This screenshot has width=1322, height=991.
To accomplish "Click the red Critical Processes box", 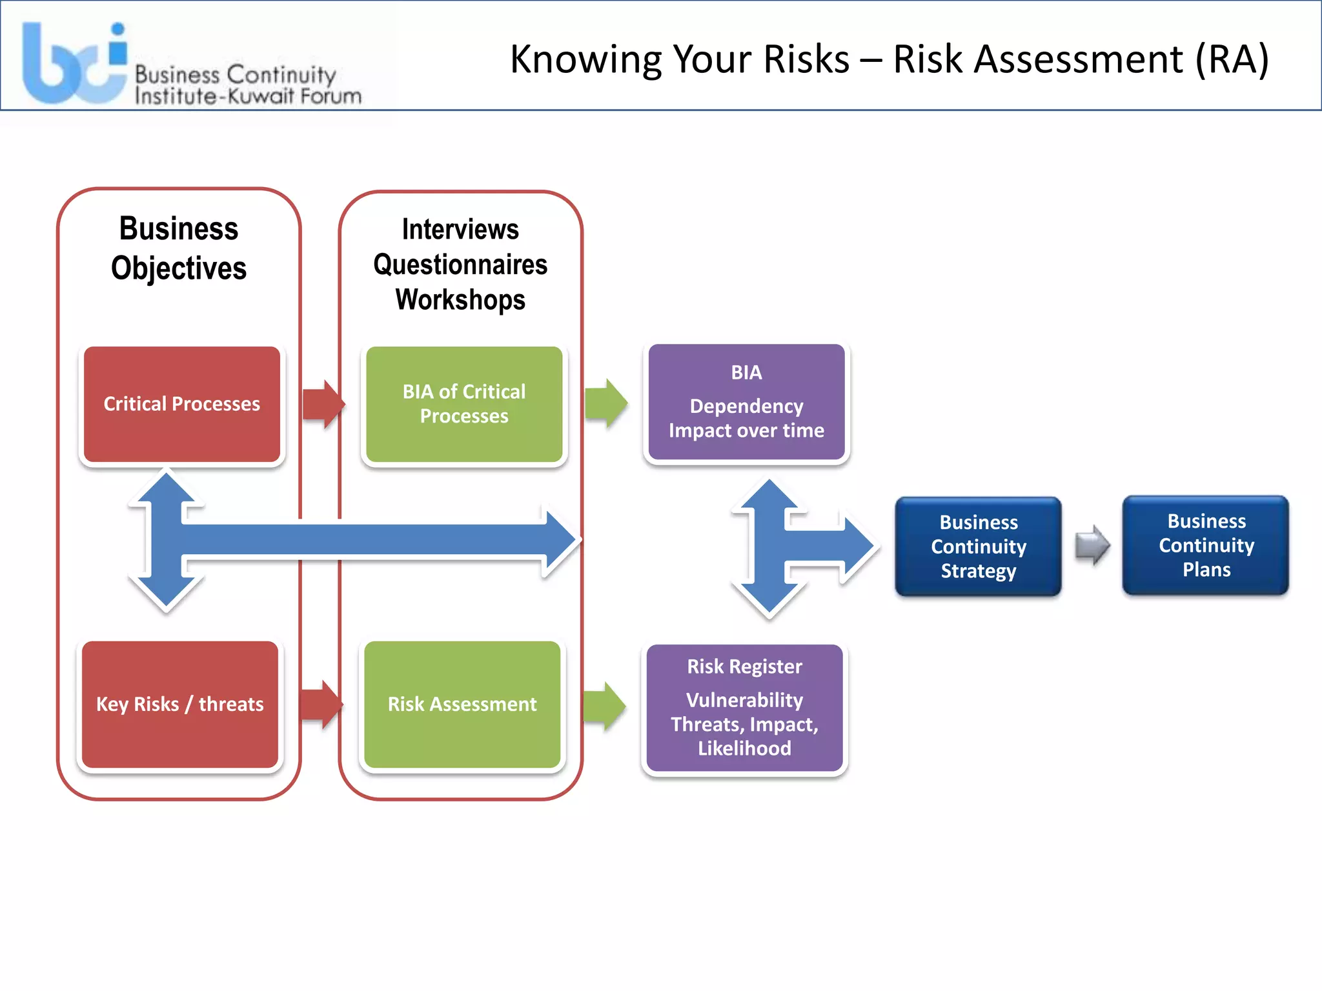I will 181,404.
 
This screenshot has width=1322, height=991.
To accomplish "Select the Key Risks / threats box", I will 180,704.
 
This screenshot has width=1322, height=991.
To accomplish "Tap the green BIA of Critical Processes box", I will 463,404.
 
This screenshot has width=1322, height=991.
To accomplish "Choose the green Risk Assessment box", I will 462,704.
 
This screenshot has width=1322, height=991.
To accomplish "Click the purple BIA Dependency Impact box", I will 746,402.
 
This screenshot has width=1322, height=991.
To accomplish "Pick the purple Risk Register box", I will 744,708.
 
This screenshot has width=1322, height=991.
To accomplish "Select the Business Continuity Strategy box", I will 978,546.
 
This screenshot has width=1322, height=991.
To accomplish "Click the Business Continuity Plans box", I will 1206,545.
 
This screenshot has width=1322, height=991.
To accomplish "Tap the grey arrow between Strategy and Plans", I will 1092,545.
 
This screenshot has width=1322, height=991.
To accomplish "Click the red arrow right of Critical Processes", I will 323,405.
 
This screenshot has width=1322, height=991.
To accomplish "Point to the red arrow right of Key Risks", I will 321,705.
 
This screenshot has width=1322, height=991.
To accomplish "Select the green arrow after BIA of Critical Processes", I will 605,404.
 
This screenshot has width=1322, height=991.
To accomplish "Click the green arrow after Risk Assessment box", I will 604,706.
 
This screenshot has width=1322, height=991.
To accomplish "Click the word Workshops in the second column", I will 460,300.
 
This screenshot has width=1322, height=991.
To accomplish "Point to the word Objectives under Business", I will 179,268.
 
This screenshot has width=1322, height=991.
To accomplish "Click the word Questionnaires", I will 460,265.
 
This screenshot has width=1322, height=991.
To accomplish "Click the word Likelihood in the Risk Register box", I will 744,748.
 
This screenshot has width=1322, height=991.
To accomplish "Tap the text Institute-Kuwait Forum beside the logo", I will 248,97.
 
